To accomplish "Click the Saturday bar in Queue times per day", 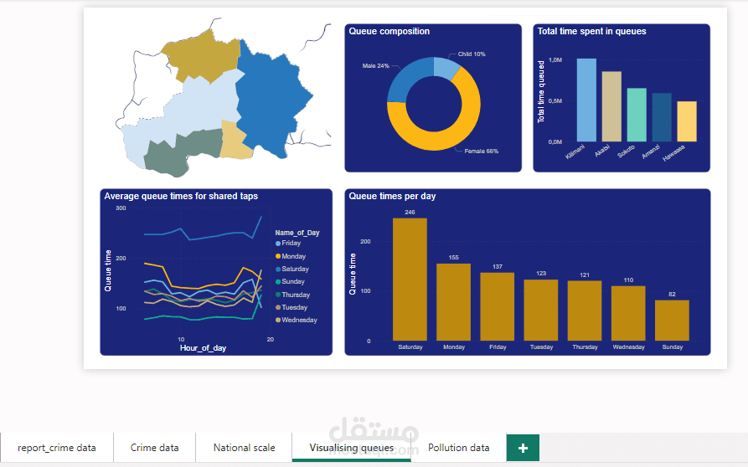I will click(410, 279).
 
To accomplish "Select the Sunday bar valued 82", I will click(672, 320).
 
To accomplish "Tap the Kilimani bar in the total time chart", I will click(586, 100).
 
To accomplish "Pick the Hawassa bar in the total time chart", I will click(687, 121).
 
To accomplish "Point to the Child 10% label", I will click(472, 54).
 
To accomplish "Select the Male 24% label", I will click(375, 65).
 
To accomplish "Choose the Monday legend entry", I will click(293, 256).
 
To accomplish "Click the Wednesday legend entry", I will click(299, 320).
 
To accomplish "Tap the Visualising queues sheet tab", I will click(351, 448).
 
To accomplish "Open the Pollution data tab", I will click(458, 448).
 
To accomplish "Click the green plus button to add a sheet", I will click(523, 448).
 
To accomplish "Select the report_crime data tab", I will click(57, 448).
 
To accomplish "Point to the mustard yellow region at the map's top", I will click(198, 54).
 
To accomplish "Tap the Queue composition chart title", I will click(389, 32).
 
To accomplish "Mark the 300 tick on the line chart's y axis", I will click(121, 208).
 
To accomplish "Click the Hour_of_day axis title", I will click(203, 347).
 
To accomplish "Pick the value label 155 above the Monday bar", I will click(453, 257).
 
